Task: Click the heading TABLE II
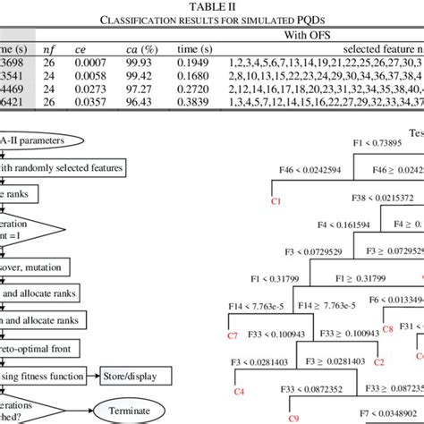(211, 7)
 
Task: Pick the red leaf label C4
(239, 391)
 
